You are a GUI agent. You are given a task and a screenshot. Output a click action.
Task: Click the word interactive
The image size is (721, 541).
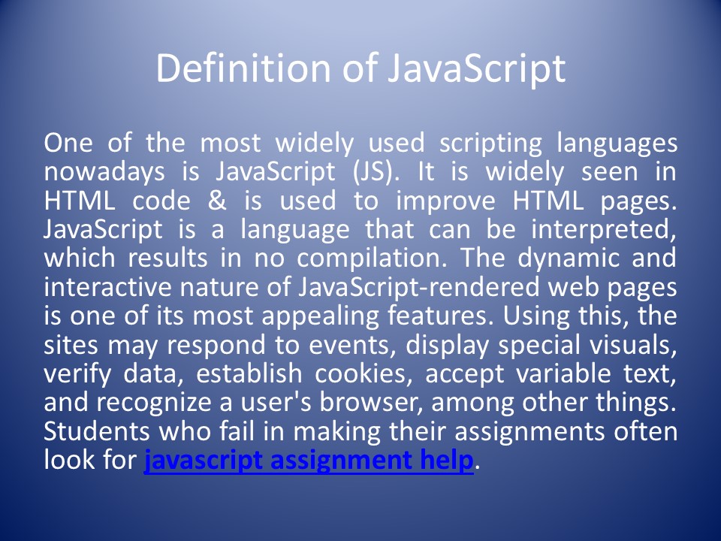pos(110,288)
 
